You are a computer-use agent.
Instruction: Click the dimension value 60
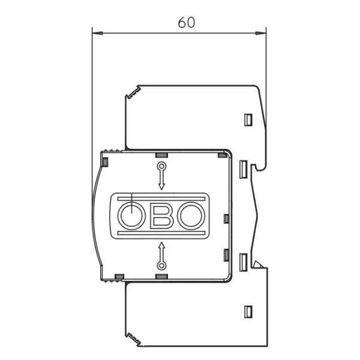pos(187,23)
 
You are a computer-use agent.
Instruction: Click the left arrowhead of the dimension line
pos(97,33)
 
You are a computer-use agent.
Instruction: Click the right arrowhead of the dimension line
pos(261,33)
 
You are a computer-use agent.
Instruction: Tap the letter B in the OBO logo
pos(161,216)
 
